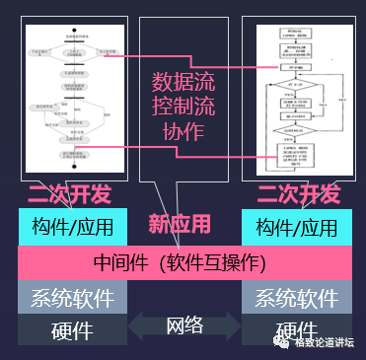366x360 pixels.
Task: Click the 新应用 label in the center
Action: (x=180, y=224)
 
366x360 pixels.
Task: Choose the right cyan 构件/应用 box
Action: (x=296, y=228)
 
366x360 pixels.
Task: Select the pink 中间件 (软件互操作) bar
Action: (x=183, y=263)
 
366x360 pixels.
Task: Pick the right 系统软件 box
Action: (x=296, y=298)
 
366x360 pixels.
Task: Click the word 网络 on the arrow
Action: (x=183, y=325)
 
